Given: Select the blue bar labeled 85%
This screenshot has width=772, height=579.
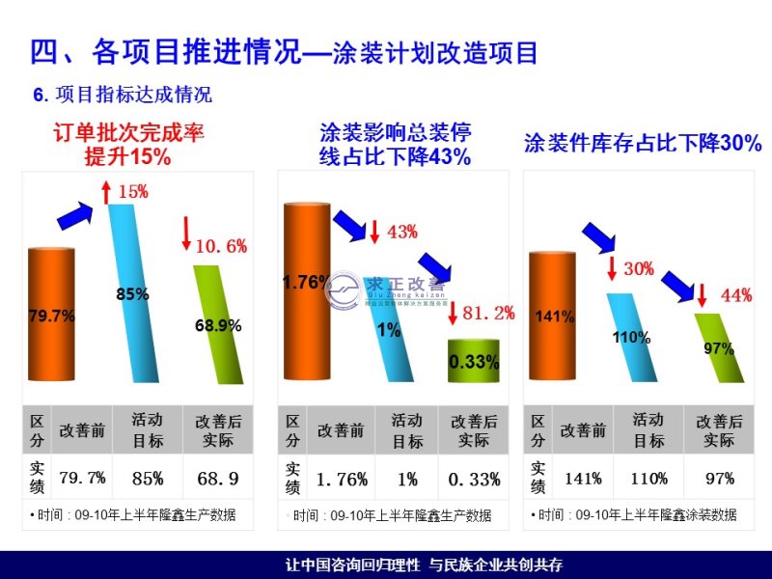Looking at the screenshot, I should pyautogui.click(x=133, y=289).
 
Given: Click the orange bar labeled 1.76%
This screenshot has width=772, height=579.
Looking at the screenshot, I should pyautogui.click(x=306, y=289).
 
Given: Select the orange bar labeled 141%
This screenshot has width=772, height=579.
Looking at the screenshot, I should pyautogui.click(x=555, y=318).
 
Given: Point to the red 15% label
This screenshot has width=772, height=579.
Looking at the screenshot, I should pyautogui.click(x=132, y=192).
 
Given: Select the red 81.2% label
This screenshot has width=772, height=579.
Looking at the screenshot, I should pyautogui.click(x=487, y=313).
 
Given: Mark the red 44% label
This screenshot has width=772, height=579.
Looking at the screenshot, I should pyautogui.click(x=736, y=295).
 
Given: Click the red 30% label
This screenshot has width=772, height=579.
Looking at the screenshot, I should pyautogui.click(x=639, y=268).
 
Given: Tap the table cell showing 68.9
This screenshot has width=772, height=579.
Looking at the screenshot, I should pyautogui.click(x=217, y=478).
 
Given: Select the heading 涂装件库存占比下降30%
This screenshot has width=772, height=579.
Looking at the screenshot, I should pyautogui.click(x=643, y=144).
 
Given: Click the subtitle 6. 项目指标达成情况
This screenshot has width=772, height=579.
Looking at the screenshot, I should pyautogui.click(x=123, y=95).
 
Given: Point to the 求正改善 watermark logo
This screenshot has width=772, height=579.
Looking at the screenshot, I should pyautogui.click(x=386, y=289).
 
